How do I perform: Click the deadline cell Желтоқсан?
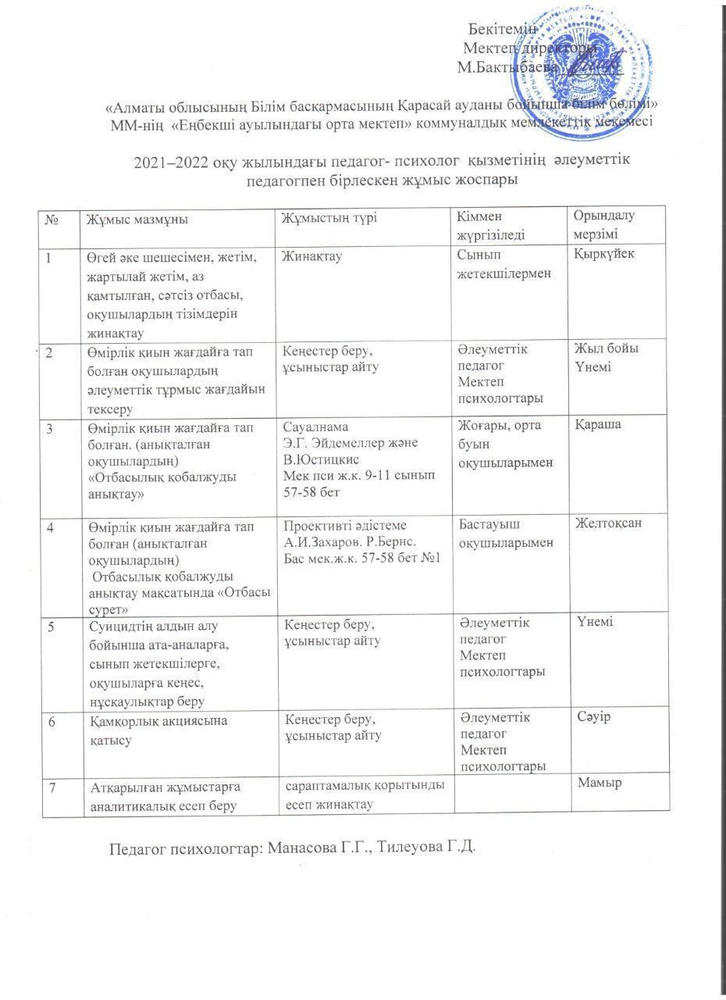coord(608,523)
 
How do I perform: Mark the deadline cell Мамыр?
coord(600,783)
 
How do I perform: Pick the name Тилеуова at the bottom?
coord(411,849)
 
